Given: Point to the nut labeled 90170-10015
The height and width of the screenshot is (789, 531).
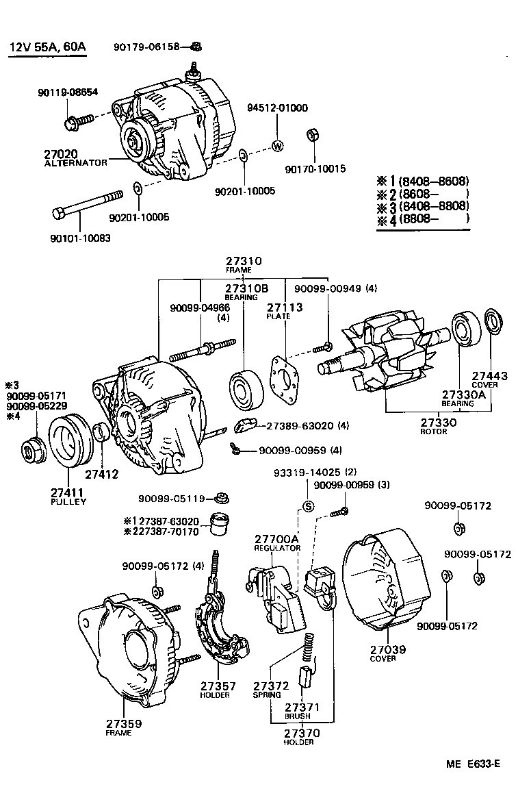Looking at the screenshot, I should tap(309, 134).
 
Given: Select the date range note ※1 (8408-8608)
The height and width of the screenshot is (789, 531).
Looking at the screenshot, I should tap(423, 181).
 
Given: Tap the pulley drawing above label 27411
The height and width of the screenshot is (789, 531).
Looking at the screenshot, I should tap(68, 445).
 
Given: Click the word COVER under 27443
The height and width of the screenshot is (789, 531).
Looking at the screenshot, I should tap(484, 385).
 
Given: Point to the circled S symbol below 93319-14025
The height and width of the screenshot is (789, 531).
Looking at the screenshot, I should tap(307, 507).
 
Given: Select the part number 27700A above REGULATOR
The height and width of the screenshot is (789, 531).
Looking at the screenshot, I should tap(276, 539).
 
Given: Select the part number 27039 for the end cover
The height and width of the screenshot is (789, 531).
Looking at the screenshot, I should tap(383, 649).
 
